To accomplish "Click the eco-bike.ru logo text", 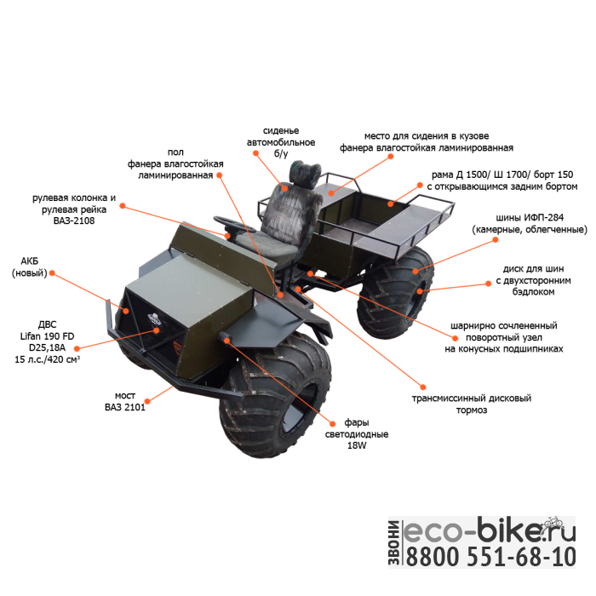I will (489, 530).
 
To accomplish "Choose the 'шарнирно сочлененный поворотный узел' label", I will (504, 337).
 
